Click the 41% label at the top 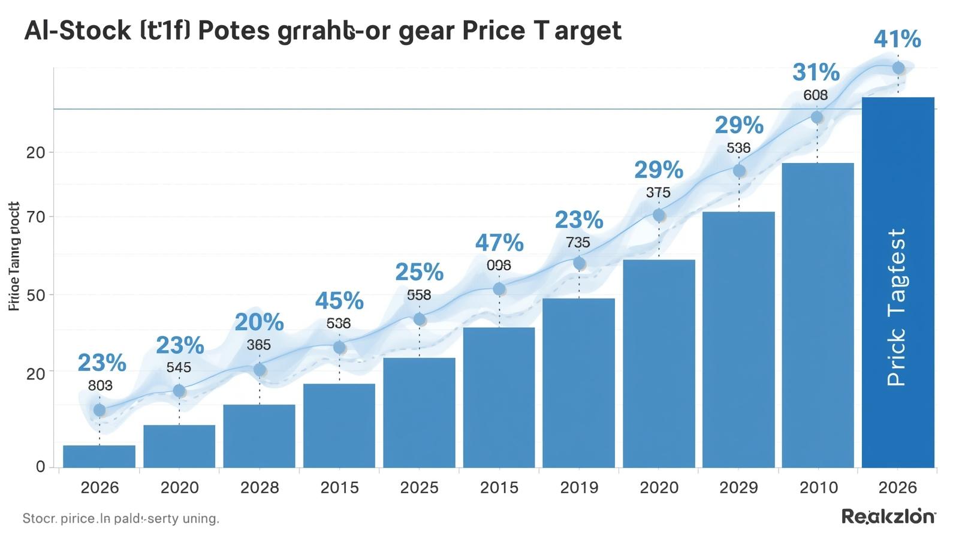[x=897, y=40]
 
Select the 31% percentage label [x=816, y=73]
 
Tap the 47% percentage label [x=499, y=243]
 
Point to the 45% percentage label [x=339, y=300]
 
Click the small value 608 [x=816, y=95]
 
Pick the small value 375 [x=658, y=193]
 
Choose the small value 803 [x=100, y=386]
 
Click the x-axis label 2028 [x=260, y=488]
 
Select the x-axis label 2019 [x=579, y=488]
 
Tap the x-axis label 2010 [x=819, y=488]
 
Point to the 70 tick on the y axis [x=36, y=217]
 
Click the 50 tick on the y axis [x=36, y=295]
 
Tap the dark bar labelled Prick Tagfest [x=898, y=282]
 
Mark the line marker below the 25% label [x=420, y=319]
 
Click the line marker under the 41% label [x=898, y=68]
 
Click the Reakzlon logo [x=889, y=516]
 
